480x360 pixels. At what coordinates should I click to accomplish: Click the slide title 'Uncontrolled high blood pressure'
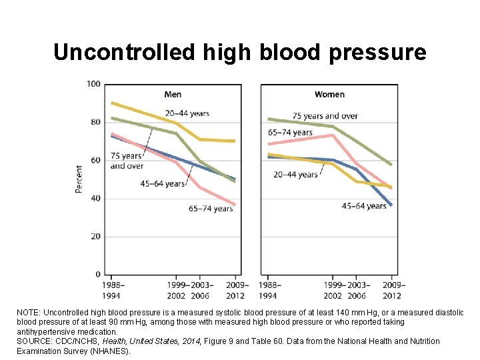[239, 52]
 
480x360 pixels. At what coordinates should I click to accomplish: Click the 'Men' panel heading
[173, 94]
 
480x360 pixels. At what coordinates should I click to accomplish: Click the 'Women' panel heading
[329, 94]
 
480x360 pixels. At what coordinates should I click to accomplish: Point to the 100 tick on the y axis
[93, 83]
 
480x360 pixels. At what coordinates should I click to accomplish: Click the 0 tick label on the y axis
[97, 275]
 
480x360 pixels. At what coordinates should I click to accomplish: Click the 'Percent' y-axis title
[79, 179]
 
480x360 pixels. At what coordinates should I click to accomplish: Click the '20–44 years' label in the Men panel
[187, 113]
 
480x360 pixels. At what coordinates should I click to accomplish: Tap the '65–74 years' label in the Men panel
[211, 209]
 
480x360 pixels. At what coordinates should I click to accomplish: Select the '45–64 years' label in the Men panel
[162, 183]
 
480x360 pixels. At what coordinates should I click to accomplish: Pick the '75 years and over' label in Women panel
[325, 116]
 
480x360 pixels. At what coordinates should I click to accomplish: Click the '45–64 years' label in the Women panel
[364, 206]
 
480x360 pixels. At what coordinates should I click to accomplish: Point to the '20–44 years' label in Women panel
[295, 175]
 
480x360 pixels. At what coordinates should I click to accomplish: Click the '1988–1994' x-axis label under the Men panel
[113, 291]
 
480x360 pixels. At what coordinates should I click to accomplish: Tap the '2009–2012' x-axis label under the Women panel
[391, 291]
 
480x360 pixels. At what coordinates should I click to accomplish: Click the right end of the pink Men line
[235, 204]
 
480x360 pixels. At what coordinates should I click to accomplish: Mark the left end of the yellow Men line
[112, 103]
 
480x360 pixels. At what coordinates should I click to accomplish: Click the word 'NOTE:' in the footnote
[29, 312]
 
